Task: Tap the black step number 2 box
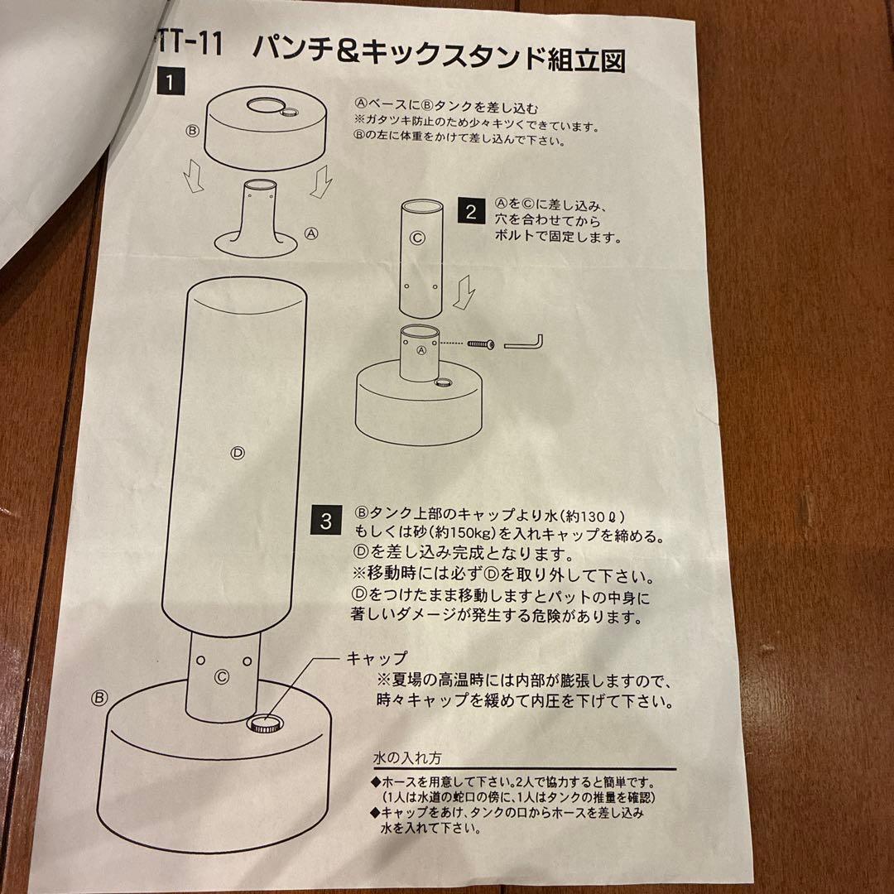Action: click(x=471, y=212)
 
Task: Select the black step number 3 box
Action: click(x=326, y=521)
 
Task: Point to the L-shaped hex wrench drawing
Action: click(x=522, y=341)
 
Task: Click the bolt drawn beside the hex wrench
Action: click(x=480, y=343)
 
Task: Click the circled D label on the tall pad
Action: click(x=237, y=453)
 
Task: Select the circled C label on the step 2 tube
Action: click(x=417, y=238)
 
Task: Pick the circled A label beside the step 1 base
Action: click(x=311, y=233)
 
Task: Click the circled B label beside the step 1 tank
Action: click(x=192, y=130)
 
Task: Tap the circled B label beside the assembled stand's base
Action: click(x=100, y=698)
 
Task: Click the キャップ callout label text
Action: click(x=376, y=659)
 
